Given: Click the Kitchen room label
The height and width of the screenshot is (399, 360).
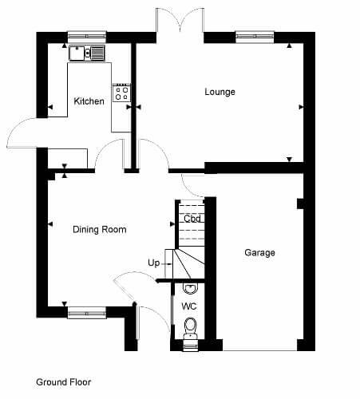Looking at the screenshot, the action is [x=89, y=101].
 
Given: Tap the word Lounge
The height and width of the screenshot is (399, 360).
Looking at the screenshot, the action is [x=220, y=92].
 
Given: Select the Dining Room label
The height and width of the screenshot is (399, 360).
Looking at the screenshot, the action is [x=100, y=229].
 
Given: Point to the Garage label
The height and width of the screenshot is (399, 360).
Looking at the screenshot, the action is [x=259, y=252].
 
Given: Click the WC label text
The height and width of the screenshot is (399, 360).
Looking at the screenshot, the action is [x=189, y=306].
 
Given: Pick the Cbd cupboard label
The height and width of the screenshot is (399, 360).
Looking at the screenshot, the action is [x=192, y=219].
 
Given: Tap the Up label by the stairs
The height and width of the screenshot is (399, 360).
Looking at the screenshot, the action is [x=153, y=263].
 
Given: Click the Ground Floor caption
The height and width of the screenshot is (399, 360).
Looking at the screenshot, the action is [x=64, y=382].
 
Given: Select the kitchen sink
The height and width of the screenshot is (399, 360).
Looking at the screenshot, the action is [x=87, y=53].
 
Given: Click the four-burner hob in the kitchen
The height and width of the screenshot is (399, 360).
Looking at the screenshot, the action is [x=121, y=93].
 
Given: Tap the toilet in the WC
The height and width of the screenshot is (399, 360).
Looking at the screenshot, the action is [x=191, y=329].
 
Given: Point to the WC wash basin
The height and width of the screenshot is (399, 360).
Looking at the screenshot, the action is [x=191, y=289].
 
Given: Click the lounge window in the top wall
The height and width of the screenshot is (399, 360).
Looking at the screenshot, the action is [x=255, y=37].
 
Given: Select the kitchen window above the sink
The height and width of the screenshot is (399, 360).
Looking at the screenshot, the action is [x=87, y=37].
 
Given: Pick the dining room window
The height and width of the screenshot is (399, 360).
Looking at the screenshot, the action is [x=87, y=312].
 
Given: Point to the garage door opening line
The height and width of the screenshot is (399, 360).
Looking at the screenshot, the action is [x=259, y=350].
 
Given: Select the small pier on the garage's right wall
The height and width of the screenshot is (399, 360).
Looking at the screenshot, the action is [x=300, y=203].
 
